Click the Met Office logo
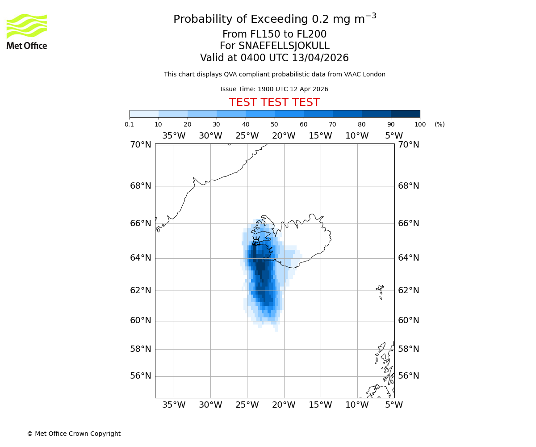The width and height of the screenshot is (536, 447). (x=27, y=31)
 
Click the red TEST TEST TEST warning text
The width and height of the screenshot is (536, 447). (x=274, y=103)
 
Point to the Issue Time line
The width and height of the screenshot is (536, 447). (x=274, y=89)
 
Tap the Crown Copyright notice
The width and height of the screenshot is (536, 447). (x=74, y=434)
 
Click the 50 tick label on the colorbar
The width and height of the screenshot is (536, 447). (x=275, y=124)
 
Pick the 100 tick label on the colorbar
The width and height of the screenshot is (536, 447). (x=420, y=124)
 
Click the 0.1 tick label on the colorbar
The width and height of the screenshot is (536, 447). (x=130, y=124)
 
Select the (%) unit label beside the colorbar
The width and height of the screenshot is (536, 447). (x=440, y=124)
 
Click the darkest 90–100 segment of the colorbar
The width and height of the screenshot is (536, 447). (x=405, y=114)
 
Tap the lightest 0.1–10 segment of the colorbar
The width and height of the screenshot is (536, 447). (x=144, y=114)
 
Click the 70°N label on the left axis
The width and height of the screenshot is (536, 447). (x=141, y=145)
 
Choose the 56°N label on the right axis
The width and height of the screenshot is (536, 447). (x=409, y=376)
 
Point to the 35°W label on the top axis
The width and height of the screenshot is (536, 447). (x=173, y=136)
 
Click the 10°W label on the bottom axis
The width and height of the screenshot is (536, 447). (x=357, y=405)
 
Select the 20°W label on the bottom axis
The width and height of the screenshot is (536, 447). (x=284, y=405)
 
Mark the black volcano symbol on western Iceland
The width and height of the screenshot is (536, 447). (x=256, y=241)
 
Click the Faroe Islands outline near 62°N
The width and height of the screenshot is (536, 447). (x=380, y=291)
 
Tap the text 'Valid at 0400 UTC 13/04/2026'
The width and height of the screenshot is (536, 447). (x=274, y=58)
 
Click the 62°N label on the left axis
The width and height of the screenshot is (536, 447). (x=141, y=291)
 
